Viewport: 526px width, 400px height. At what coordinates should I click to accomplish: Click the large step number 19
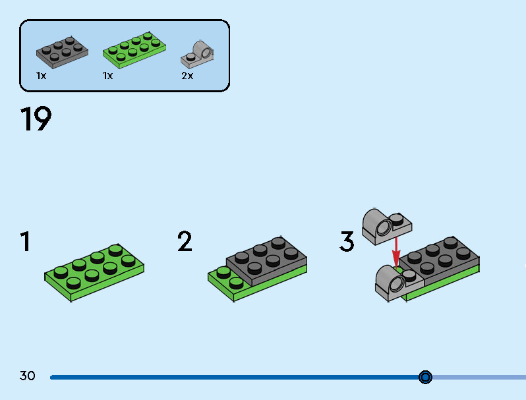tap(36, 120)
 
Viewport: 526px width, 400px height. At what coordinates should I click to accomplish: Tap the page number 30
tap(28, 376)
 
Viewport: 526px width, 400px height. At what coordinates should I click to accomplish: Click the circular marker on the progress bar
tap(425, 377)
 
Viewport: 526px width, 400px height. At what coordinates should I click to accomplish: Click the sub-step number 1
tap(25, 242)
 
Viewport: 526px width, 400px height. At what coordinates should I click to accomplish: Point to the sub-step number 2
tap(185, 242)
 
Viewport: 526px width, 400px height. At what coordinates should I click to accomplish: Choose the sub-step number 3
tap(347, 242)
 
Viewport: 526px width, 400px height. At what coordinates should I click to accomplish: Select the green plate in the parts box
tap(134, 50)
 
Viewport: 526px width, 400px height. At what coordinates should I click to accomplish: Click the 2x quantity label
tap(187, 76)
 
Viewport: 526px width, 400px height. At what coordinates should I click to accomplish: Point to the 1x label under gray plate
tap(41, 76)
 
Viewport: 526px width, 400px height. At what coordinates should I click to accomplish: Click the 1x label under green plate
tap(107, 76)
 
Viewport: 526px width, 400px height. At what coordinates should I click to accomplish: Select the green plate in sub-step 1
tap(95, 271)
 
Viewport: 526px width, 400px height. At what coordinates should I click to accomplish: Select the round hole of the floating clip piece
tap(382, 228)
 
